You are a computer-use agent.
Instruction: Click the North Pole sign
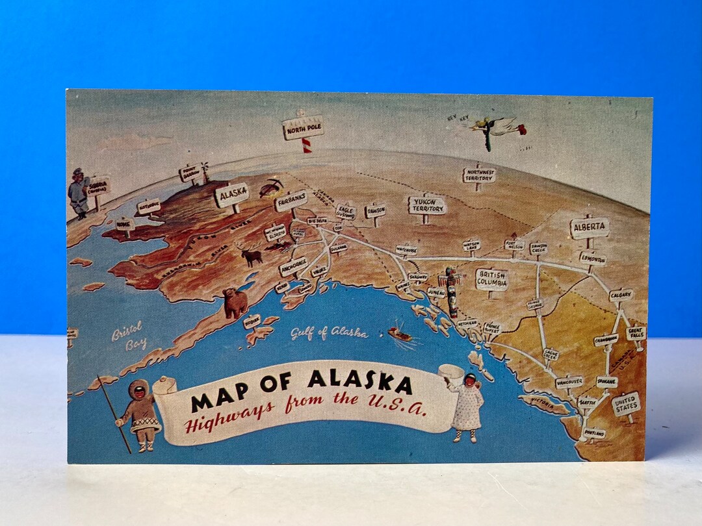click(303, 128)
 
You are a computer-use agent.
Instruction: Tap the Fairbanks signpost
click(291, 201)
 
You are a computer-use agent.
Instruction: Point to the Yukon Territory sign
click(426, 205)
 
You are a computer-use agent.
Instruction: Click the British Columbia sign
click(491, 279)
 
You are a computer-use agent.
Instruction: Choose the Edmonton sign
click(593, 258)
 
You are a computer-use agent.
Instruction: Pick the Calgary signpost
click(621, 295)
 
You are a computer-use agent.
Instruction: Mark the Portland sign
click(594, 432)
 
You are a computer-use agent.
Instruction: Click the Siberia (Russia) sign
click(98, 187)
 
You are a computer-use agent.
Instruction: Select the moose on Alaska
click(252, 255)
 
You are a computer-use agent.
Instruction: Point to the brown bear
click(235, 303)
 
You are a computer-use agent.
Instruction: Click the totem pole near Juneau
click(452, 291)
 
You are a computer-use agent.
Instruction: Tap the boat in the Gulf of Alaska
click(400, 334)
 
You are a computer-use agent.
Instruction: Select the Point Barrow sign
click(190, 173)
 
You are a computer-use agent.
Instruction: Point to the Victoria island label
click(543, 402)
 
